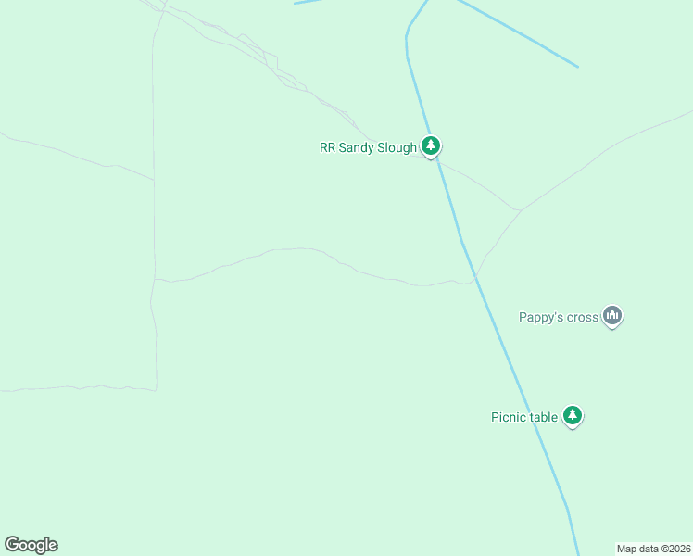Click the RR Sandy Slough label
[x=369, y=147]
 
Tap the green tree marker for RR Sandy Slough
[x=430, y=145]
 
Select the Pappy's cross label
[x=559, y=318]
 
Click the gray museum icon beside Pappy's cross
[x=611, y=316]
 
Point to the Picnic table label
[x=524, y=417]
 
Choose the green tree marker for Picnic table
[x=573, y=415]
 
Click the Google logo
[x=31, y=545]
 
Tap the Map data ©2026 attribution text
[x=653, y=549]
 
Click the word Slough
[x=397, y=147]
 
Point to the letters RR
[x=327, y=147]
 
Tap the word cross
[x=582, y=318]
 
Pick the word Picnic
[x=509, y=417]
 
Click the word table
[x=544, y=417]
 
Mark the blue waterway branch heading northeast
[x=519, y=34]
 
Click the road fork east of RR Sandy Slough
[x=520, y=210]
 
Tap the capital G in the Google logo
[x=13, y=545]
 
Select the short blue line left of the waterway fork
[x=309, y=2]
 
